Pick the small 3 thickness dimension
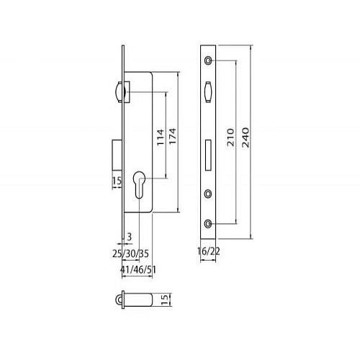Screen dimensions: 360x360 [129, 235]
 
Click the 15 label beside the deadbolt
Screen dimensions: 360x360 [115, 181]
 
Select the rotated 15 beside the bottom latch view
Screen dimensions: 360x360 [164, 298]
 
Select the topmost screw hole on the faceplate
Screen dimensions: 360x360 [208, 60]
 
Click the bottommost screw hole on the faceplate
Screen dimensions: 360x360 [208, 224]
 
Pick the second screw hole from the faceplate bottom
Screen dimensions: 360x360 [208, 193]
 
